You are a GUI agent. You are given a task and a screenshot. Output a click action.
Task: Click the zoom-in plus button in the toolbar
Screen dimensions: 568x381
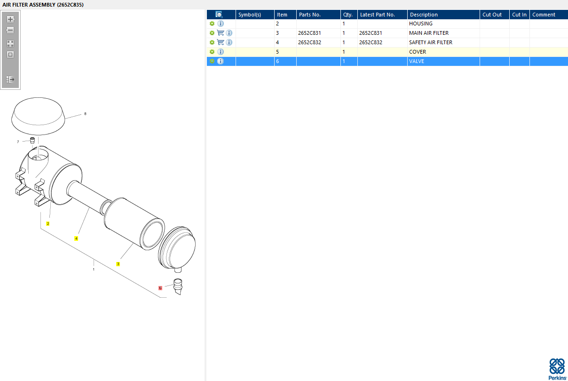click(x=10, y=19)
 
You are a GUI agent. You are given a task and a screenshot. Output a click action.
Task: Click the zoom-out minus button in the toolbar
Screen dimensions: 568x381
click(x=10, y=30)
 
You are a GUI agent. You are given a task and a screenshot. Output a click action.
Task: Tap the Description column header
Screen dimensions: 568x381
click(x=424, y=15)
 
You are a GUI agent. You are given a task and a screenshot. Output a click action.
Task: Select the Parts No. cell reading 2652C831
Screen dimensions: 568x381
click(x=309, y=33)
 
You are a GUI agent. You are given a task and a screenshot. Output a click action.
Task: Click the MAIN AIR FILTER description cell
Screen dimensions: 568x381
click(x=429, y=33)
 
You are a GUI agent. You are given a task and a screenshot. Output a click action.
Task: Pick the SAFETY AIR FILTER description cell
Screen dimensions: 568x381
click(x=431, y=42)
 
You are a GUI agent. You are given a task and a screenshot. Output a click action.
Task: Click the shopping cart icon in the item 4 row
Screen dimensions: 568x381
click(x=221, y=42)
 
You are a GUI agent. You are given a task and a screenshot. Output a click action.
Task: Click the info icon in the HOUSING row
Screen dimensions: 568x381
click(x=221, y=24)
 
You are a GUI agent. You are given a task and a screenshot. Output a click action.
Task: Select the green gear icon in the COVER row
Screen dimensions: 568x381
click(x=212, y=52)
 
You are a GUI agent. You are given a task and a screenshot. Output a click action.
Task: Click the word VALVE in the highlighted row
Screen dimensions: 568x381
click(x=417, y=61)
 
